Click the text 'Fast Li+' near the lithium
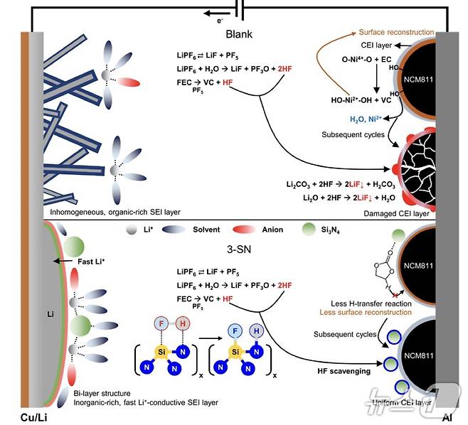pyautogui.click(x=85, y=260)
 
